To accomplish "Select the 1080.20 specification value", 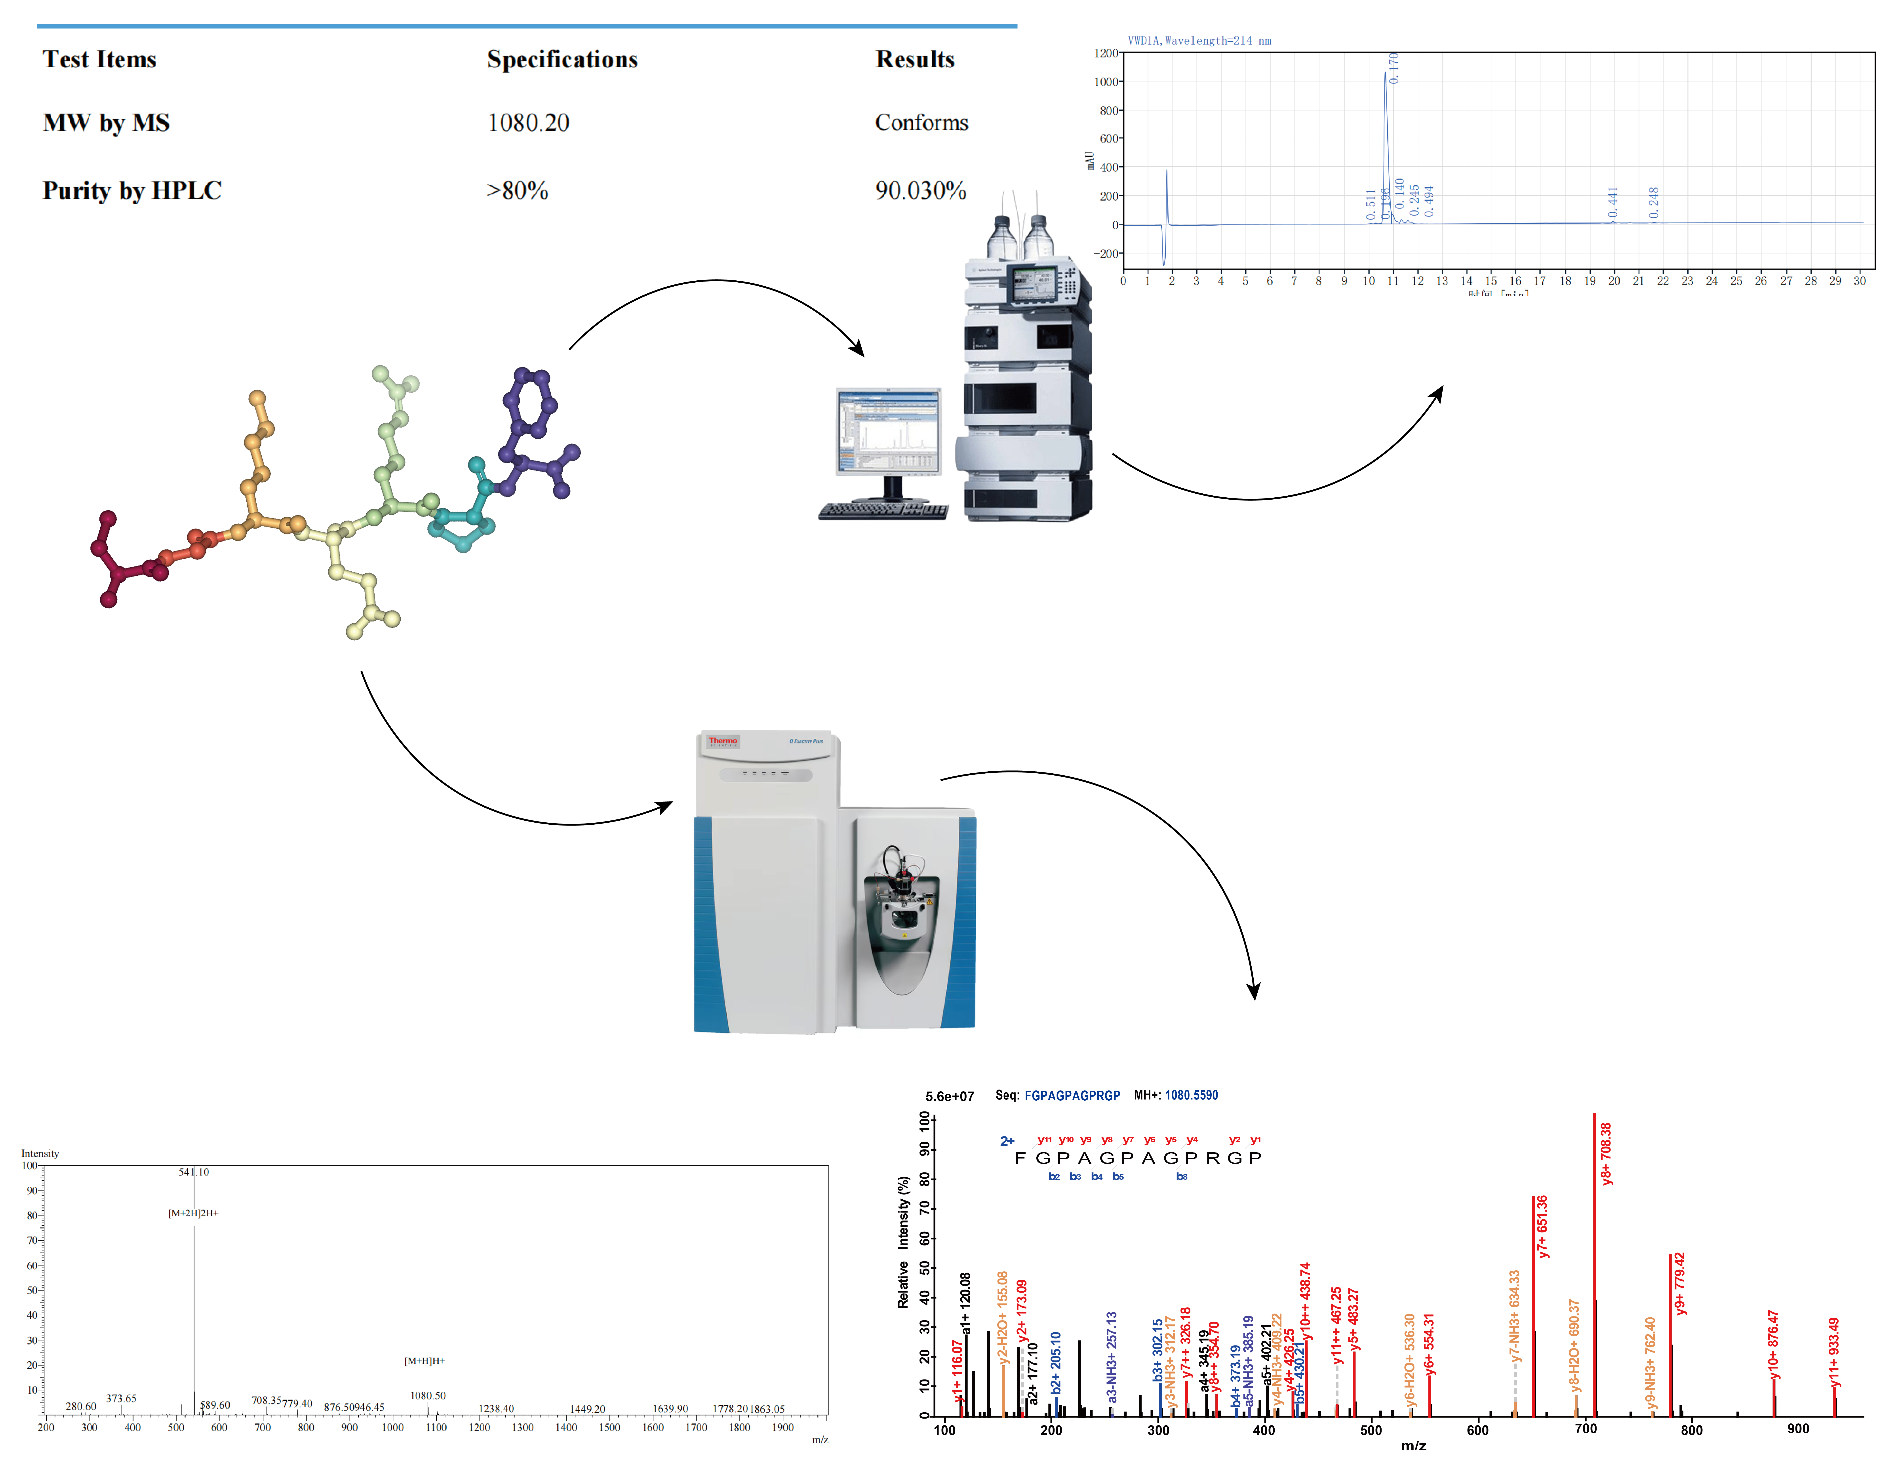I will pos(528,123).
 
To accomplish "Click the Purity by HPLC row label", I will pos(132,190).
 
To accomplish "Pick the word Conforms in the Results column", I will pos(921,123).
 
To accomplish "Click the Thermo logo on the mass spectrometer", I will pos(722,741).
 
